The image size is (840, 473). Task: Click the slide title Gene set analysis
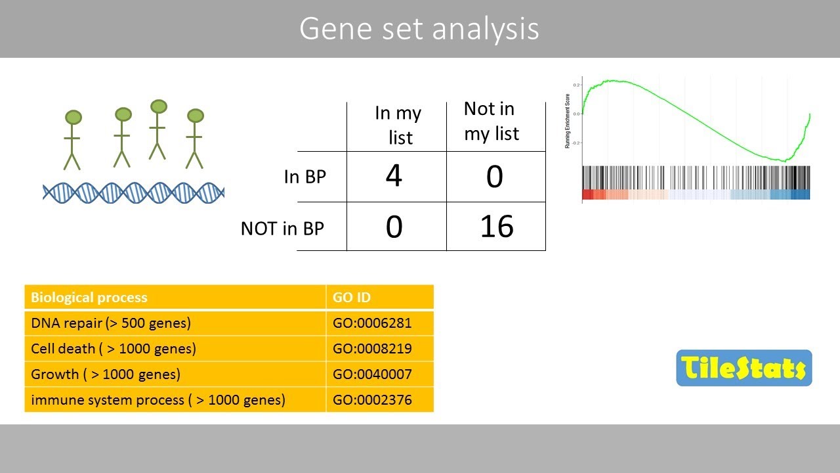tap(419, 29)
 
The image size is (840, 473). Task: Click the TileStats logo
tap(744, 368)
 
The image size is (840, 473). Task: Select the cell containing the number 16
tap(496, 227)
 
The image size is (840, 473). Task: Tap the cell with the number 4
tap(394, 177)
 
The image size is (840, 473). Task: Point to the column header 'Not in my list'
tap(491, 121)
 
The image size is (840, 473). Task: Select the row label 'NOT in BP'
tap(282, 228)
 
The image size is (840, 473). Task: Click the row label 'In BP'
tap(306, 177)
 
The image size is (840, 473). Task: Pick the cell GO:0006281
tap(372, 323)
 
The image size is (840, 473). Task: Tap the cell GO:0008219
tap(372, 349)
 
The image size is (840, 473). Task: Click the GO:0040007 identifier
tap(372, 374)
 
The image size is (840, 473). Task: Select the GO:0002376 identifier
tap(372, 399)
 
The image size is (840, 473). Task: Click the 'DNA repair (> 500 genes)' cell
tap(111, 323)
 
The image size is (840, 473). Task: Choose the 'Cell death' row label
tap(114, 349)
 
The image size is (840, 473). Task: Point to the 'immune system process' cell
tap(158, 399)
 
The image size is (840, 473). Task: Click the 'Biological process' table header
tap(89, 298)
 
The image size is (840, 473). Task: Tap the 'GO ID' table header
tap(352, 298)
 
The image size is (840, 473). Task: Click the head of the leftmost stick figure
tap(73, 118)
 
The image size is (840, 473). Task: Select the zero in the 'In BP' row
tap(494, 177)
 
